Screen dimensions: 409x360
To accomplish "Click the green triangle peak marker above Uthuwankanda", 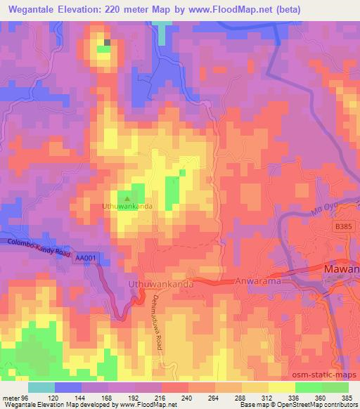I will click(127, 199).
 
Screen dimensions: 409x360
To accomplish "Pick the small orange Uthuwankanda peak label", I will click(128, 207).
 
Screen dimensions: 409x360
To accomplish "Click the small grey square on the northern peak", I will click(108, 43).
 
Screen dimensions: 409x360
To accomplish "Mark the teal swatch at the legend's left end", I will click(41, 387).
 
